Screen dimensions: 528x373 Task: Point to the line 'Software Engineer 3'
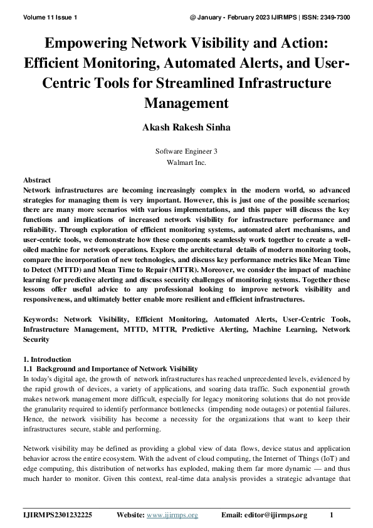[x=186, y=151]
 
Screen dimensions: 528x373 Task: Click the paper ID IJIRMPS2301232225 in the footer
[x=58, y=515]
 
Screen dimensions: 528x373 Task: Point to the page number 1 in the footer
[x=332, y=515]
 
